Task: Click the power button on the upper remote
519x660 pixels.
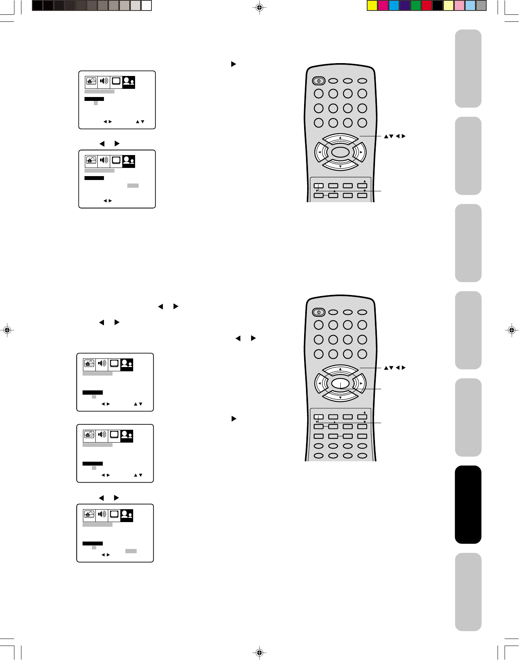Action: (318, 81)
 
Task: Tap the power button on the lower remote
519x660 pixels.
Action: (318, 312)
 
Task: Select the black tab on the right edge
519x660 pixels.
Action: (468, 505)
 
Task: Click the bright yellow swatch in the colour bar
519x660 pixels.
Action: (372, 5)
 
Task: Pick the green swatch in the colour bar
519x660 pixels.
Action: (416, 5)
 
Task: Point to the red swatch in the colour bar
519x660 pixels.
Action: (427, 5)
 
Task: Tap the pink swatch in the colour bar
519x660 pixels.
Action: (459, 5)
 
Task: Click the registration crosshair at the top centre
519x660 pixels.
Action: (259, 7)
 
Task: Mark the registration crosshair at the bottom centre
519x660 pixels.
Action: (259, 652)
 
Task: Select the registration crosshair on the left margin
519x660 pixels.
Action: (7, 330)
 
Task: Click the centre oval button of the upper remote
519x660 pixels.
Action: (340, 152)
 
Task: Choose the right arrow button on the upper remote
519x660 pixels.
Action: (361, 152)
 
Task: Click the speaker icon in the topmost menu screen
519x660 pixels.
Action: (104, 81)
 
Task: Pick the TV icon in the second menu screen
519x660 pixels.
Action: (116, 161)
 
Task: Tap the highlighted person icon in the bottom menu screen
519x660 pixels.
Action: (127, 515)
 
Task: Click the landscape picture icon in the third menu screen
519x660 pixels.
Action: (89, 364)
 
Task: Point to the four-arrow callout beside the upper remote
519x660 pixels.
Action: (395, 136)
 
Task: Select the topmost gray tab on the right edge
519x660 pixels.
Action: (468, 69)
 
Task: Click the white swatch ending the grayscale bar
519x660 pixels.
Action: (146, 5)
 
